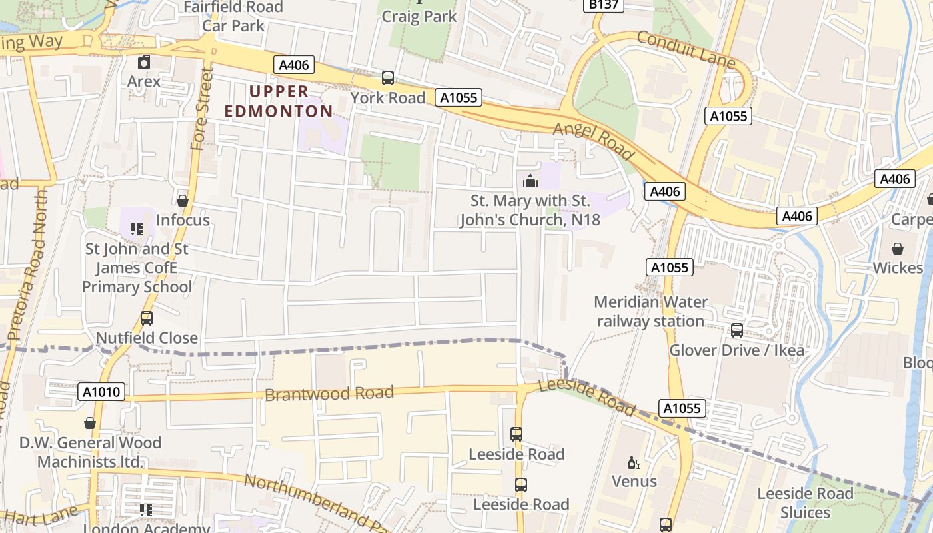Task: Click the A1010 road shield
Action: pos(102,392)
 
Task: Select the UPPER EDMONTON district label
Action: pos(278,101)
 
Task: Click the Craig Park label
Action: pos(419,16)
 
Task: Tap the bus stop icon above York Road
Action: pos(388,78)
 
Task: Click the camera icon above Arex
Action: pos(144,63)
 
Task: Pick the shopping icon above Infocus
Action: pos(183,201)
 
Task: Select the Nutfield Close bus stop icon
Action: pos(147,318)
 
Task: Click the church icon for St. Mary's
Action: pos(530,181)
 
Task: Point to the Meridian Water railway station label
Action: pos(650,312)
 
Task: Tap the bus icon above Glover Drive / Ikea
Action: pos(737,330)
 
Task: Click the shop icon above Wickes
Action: pos(898,249)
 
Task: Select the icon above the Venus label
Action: pos(634,462)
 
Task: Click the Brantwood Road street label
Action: pos(329,393)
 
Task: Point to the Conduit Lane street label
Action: pos(686,49)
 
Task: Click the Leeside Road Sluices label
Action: pos(804,503)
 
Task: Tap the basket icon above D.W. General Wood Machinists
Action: pos(90,423)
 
